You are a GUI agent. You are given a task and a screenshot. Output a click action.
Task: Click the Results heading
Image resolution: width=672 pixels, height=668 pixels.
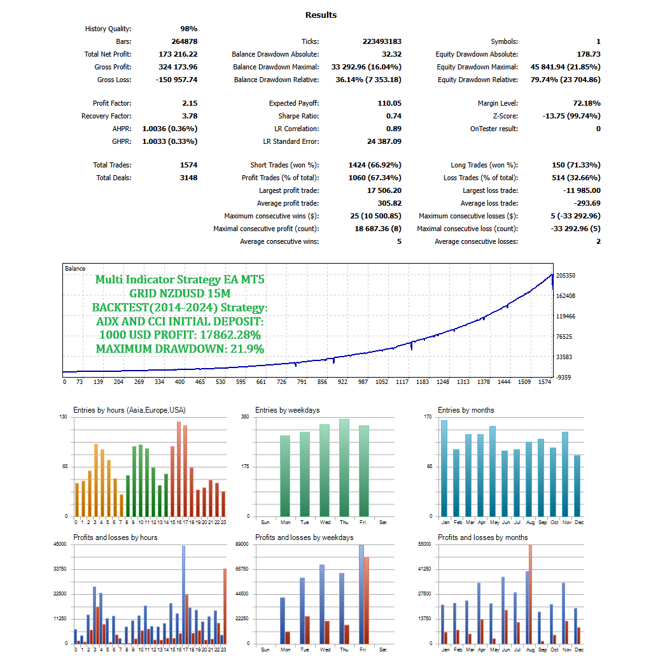[321, 15]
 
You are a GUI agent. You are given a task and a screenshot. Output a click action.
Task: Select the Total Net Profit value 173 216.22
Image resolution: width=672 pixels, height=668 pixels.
[178, 54]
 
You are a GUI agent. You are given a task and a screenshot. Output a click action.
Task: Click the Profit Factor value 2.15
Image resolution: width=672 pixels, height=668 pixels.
[190, 103]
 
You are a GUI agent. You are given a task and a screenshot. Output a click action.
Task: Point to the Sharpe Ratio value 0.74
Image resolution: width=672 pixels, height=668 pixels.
[393, 116]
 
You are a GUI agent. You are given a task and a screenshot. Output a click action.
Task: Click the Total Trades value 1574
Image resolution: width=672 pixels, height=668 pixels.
[188, 165]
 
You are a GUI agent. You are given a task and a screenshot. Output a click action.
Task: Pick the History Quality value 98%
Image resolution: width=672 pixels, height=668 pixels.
[188, 29]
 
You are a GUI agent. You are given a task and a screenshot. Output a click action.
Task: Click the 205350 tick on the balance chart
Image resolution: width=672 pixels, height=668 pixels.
[566, 275]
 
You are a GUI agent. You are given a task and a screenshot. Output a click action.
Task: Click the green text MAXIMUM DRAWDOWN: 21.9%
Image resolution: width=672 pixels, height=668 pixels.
[180, 348]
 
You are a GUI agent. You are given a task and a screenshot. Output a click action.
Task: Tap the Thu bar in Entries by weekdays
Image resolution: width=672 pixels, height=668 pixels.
[344, 467]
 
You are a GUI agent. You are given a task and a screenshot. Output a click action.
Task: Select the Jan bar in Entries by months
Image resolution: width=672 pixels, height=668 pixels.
[444, 468]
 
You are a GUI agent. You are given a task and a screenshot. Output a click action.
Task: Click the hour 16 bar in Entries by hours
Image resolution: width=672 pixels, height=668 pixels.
[179, 469]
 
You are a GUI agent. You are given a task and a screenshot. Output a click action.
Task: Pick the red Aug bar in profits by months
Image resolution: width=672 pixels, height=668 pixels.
[530, 593]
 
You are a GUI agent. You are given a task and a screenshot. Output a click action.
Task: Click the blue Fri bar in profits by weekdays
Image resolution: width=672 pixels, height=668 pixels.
[361, 593]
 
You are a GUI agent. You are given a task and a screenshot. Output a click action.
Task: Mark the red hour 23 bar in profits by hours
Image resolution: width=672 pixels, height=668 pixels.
[225, 606]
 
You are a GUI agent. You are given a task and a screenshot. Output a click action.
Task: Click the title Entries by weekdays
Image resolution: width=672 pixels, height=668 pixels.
[287, 410]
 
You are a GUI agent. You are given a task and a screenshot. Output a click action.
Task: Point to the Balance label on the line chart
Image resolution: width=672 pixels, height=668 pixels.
[75, 269]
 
